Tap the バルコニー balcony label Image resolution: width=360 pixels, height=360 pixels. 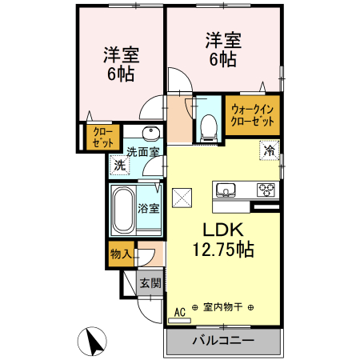click(223, 340)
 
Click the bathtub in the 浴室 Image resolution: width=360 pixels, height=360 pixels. click(122, 210)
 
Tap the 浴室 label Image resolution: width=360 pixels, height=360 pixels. click(149, 209)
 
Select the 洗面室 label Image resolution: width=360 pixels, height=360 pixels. click(144, 152)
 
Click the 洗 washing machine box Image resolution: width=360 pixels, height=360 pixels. click(118, 166)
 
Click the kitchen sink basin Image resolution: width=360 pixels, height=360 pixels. click(224, 190)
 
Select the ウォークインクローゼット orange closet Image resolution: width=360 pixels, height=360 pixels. click(253, 114)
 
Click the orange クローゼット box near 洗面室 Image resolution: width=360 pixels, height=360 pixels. click(102, 137)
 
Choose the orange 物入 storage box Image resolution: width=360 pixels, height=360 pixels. click(121, 254)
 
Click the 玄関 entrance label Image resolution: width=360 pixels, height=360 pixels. click(150, 282)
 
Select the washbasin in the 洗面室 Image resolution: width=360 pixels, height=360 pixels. click(149, 134)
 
